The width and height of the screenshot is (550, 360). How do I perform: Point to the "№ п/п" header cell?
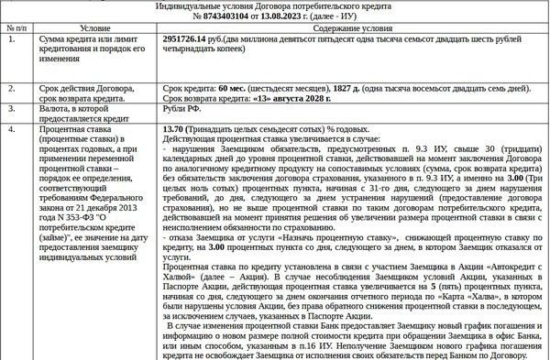click(x=16, y=29)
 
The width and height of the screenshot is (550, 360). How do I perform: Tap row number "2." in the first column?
click(x=12, y=88)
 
